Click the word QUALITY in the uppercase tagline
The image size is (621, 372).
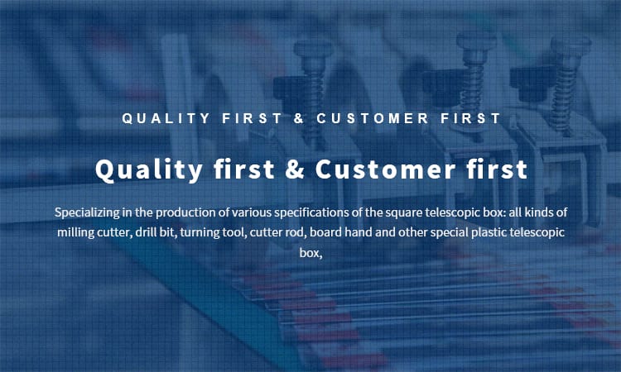[x=166, y=118]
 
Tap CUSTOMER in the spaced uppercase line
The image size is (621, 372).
[x=373, y=118]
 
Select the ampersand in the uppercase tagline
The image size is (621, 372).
[x=299, y=118]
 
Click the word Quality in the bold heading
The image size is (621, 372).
[x=149, y=170]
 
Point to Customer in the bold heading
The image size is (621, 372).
[x=385, y=169]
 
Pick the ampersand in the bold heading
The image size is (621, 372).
[x=295, y=169]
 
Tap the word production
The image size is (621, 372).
[x=186, y=213]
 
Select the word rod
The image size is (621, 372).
[x=296, y=231]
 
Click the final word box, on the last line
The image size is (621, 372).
[x=310, y=253]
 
